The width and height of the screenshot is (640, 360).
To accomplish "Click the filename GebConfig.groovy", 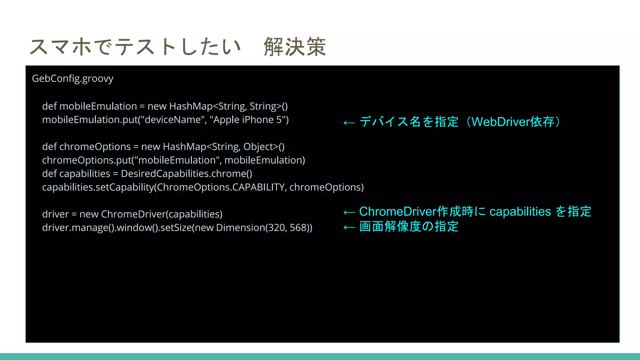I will (x=72, y=78).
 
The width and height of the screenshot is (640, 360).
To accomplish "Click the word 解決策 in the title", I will (x=295, y=47).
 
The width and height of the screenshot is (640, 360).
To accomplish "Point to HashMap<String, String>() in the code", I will (x=228, y=106).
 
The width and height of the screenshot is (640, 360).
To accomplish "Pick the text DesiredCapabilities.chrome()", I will (x=187, y=174).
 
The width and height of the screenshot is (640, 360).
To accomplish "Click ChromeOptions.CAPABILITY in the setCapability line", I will (x=221, y=187).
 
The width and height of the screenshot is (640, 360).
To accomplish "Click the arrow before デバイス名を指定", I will (x=349, y=122).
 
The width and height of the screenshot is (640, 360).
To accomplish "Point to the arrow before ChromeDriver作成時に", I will (x=349, y=212).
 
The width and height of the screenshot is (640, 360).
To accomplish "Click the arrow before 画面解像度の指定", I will (x=349, y=227).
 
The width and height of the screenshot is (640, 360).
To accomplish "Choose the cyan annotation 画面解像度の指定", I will (x=409, y=227).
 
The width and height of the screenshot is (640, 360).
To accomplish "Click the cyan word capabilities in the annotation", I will (x=520, y=212).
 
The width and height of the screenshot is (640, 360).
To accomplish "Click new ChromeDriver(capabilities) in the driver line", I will (x=151, y=214).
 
